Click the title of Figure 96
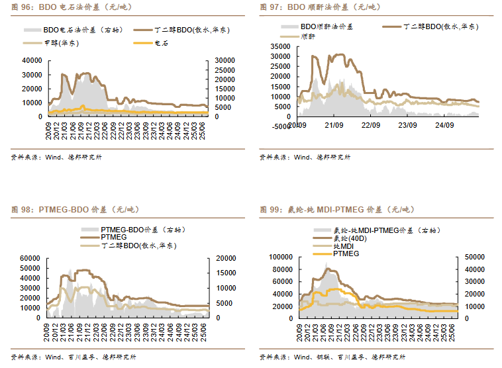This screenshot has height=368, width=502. click(67, 7)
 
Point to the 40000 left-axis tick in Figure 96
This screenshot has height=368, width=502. click(32, 60)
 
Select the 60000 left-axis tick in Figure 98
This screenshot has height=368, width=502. click(32, 258)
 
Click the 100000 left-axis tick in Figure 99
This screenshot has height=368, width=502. click(279, 256)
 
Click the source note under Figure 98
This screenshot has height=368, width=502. click(74, 357)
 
